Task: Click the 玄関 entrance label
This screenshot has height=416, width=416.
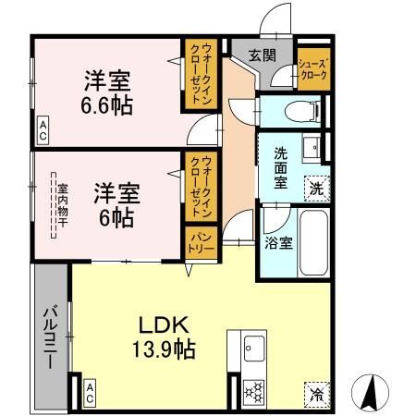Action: click(262, 55)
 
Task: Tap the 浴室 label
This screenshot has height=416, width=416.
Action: click(279, 245)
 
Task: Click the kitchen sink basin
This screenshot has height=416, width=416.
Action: click(253, 350)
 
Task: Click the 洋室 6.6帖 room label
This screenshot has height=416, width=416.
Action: click(108, 92)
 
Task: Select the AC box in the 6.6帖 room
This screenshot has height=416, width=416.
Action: click(43, 129)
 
